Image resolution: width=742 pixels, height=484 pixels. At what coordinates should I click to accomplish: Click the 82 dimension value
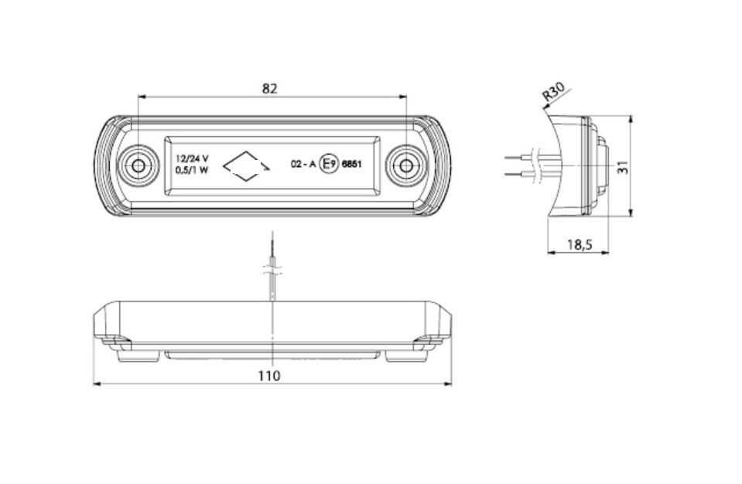click(x=270, y=88)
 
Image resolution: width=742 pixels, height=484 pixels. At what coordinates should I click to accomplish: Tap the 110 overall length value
click(x=268, y=376)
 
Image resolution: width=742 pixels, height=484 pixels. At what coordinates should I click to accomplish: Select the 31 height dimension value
click(x=624, y=166)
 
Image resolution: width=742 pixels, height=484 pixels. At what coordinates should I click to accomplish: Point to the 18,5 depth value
click(x=580, y=244)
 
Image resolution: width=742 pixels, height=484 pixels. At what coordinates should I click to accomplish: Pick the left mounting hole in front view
click(x=138, y=166)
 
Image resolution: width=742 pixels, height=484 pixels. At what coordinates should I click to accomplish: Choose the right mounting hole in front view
click(x=405, y=166)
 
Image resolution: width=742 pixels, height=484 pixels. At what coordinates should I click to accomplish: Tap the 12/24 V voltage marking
click(x=192, y=158)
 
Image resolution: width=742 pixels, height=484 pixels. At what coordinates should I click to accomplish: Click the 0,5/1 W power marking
click(x=192, y=171)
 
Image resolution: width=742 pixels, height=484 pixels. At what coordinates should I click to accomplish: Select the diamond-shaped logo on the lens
click(x=246, y=166)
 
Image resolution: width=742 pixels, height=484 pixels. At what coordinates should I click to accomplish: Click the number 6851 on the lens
click(x=351, y=165)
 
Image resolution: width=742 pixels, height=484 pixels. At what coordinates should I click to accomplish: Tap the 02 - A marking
click(x=303, y=165)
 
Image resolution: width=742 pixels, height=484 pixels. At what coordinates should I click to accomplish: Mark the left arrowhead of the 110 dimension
click(x=97, y=383)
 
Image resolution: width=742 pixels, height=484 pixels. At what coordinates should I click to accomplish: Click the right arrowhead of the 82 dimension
click(x=402, y=97)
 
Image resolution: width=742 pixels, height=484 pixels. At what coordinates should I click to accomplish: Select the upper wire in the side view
click(x=520, y=157)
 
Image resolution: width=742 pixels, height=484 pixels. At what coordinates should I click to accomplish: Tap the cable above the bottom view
click(x=272, y=264)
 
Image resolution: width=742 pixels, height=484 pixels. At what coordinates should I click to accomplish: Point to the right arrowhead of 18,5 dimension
click(x=604, y=252)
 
